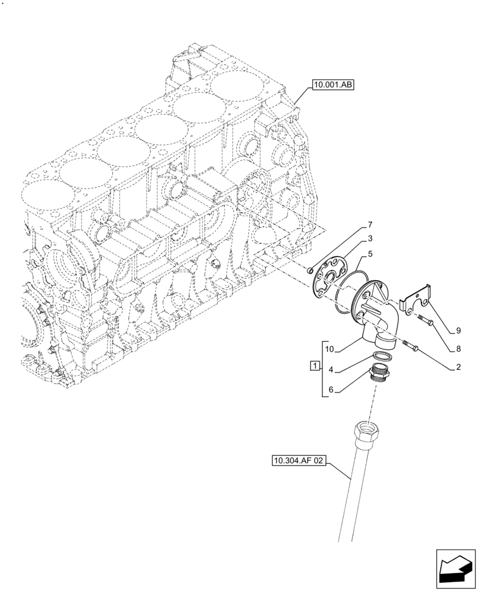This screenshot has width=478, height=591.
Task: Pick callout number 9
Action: click(x=458, y=330)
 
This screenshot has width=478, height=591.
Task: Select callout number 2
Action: click(x=458, y=367)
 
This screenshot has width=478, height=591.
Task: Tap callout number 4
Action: click(x=331, y=370)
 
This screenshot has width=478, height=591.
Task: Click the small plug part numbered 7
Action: click(x=310, y=271)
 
